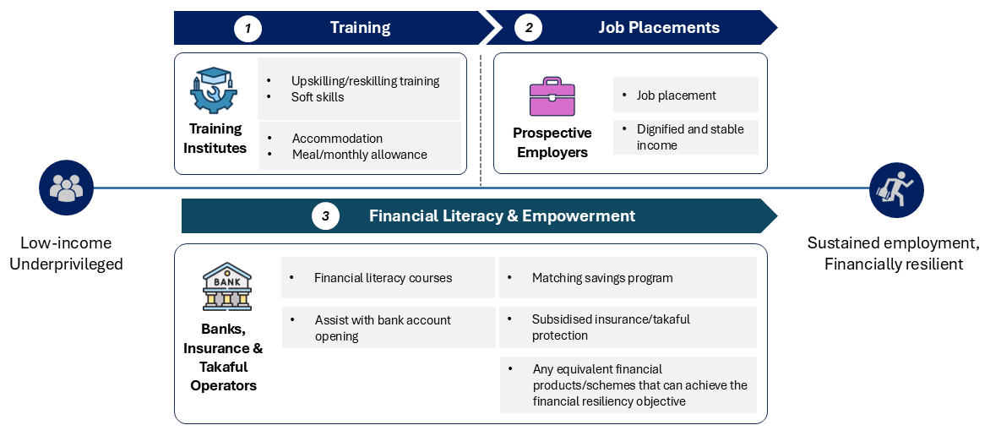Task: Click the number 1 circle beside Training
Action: [x=247, y=29]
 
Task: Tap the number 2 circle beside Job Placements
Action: [x=529, y=29]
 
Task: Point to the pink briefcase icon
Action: [x=552, y=96]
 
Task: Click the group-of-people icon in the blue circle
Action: [x=66, y=188]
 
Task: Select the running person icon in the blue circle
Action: [x=896, y=189]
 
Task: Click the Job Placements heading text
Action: [x=659, y=28]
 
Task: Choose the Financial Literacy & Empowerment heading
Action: [x=502, y=216]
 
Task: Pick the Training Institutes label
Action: [x=216, y=139]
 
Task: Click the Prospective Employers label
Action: [x=552, y=143]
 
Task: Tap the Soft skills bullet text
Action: [x=318, y=97]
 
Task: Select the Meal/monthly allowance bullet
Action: [x=359, y=155]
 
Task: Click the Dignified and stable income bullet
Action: [x=690, y=137]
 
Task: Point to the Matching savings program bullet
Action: [x=602, y=278]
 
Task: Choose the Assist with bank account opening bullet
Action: [x=383, y=328]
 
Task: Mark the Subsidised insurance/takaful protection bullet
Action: [x=611, y=327]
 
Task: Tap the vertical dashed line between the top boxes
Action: [x=481, y=120]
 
